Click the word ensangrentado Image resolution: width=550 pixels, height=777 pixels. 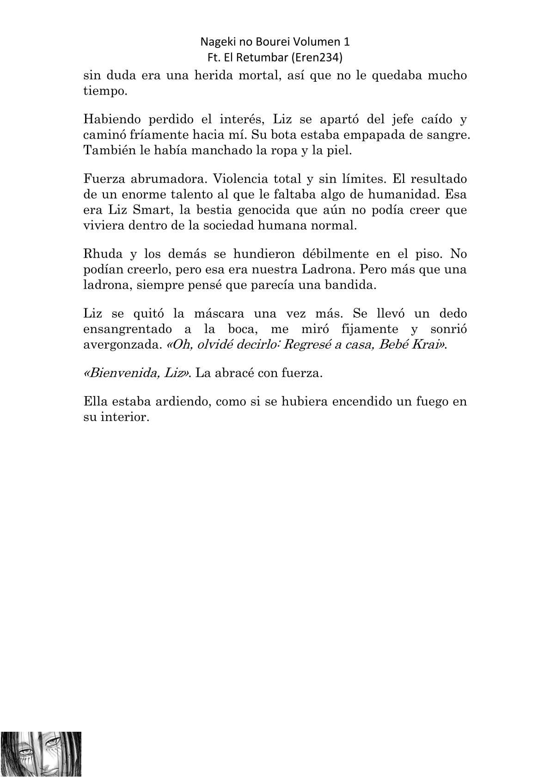click(x=129, y=329)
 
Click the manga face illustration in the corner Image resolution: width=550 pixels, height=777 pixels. click(x=41, y=753)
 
